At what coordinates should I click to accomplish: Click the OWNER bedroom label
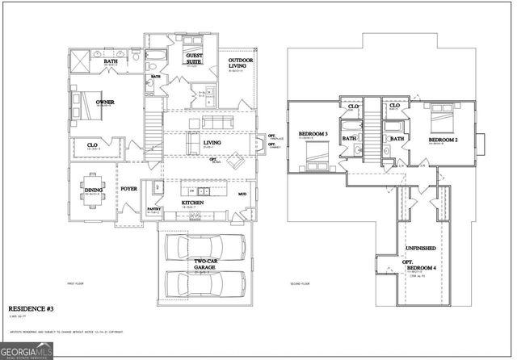coord(104,103)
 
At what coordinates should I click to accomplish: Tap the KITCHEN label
coord(192,202)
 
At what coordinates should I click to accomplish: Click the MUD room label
coord(242,195)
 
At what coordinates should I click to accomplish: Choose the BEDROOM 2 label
coord(442,139)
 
